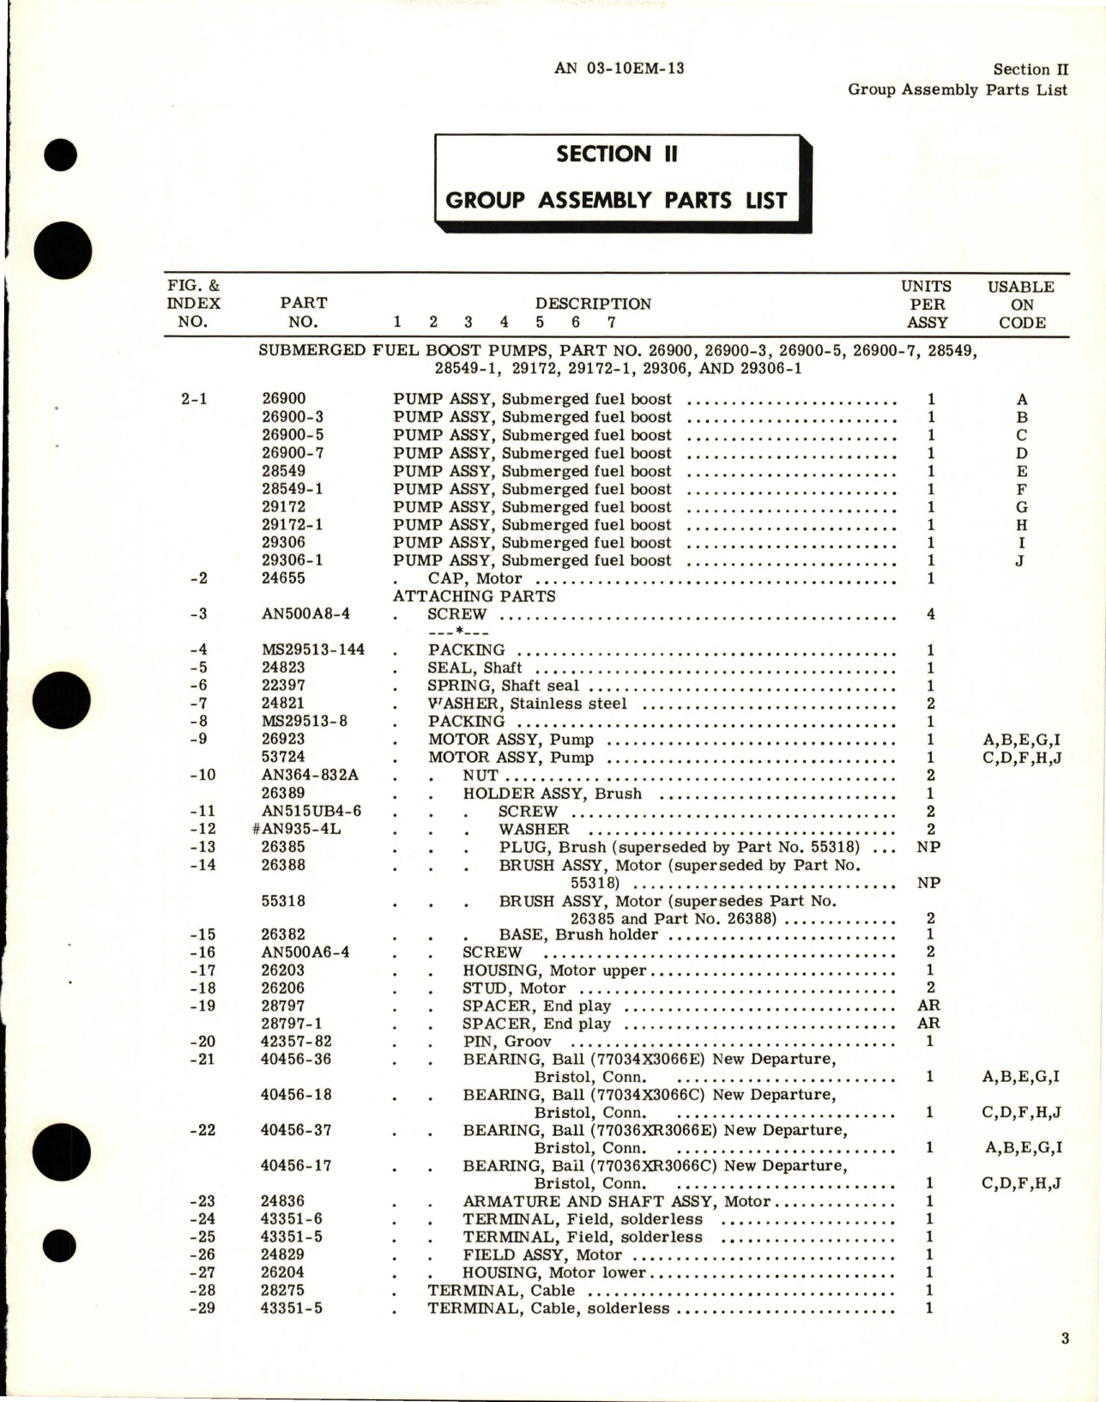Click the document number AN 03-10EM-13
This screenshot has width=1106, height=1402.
pos(619,68)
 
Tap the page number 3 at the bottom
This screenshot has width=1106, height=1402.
pos(1065,1338)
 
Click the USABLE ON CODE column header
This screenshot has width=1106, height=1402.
pos(1021,305)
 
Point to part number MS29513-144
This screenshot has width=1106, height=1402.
pos(313,650)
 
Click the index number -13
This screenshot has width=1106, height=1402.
pos(202,847)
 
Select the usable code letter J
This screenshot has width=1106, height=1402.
pos(1021,561)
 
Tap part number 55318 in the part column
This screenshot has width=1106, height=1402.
pos(283,901)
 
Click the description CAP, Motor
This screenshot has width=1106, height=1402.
pos(474,578)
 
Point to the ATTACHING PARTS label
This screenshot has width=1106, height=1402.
pos(474,595)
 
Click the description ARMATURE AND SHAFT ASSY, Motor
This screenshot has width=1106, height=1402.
pos(616,1201)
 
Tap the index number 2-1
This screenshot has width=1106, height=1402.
pos(195,399)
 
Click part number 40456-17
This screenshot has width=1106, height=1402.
pos(296,1165)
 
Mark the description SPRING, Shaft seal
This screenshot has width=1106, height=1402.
pos(503,686)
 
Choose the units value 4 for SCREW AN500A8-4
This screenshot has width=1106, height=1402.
pos(931,613)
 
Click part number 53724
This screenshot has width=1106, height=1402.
pos(283,757)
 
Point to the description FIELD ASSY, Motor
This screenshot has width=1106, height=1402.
pos(542,1254)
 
